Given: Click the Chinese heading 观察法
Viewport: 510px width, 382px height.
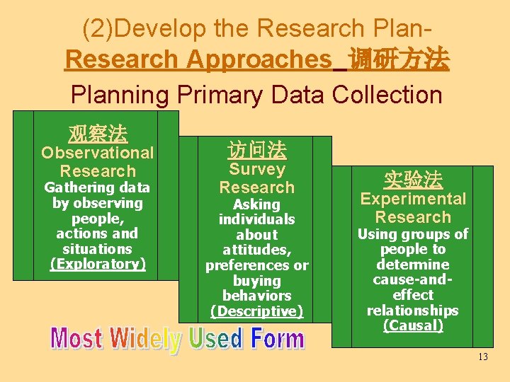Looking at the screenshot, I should coord(97,132).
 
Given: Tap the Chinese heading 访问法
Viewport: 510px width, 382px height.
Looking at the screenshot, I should coord(256,149).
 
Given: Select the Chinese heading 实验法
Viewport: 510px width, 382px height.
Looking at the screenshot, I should coord(413,179).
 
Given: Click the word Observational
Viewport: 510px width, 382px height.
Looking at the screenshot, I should coord(97,153).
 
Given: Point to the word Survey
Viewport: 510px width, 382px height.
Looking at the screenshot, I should coord(256,169).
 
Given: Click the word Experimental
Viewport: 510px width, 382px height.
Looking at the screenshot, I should coord(413,199).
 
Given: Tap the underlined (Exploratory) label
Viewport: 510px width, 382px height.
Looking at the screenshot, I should coord(97,264).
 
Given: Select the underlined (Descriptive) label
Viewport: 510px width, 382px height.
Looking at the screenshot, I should coord(256,311).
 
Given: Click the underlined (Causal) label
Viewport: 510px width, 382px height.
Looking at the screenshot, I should coord(413,325).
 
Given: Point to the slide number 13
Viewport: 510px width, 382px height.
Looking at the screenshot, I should coord(483,357).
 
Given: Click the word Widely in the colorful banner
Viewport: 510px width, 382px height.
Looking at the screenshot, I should coord(144,340).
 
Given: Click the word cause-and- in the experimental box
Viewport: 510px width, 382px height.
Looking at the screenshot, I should coord(413,279).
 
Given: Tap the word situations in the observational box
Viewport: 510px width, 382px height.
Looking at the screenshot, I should coord(97,248).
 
